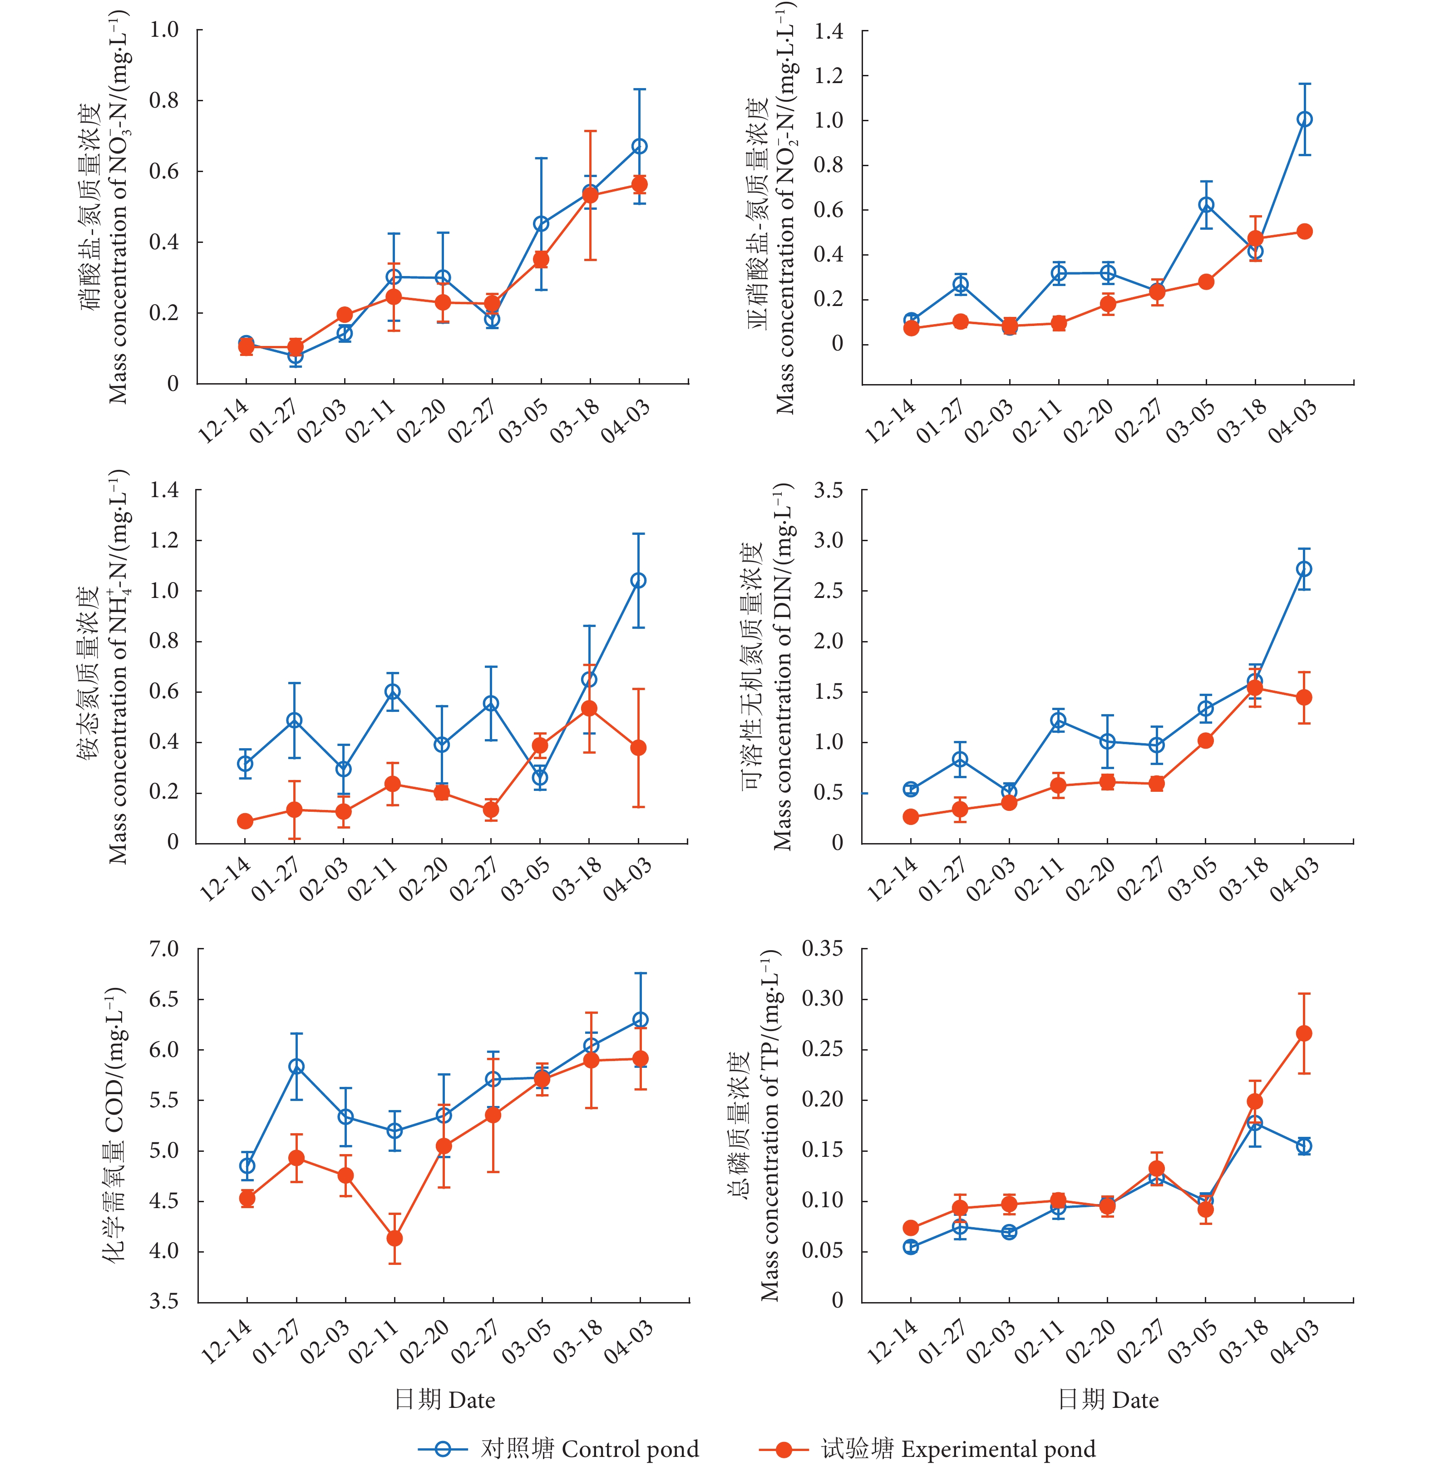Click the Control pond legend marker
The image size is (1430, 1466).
[442, 1449]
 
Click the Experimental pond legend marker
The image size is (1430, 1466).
[784, 1449]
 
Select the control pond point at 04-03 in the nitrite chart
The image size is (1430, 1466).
[1305, 119]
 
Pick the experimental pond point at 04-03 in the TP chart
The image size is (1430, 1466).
[1305, 1033]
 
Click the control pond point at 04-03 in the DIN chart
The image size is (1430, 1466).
[1305, 569]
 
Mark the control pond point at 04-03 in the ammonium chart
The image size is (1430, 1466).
[638, 581]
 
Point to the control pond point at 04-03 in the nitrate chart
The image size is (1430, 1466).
[639, 147]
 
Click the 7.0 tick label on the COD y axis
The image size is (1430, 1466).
[164, 949]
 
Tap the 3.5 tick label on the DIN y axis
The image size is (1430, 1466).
[828, 490]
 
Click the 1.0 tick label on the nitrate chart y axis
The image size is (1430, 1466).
[164, 30]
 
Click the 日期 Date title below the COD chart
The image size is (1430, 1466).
[444, 1399]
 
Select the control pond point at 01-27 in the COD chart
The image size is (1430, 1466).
[296, 1066]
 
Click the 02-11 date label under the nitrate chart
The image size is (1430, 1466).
[370, 422]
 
